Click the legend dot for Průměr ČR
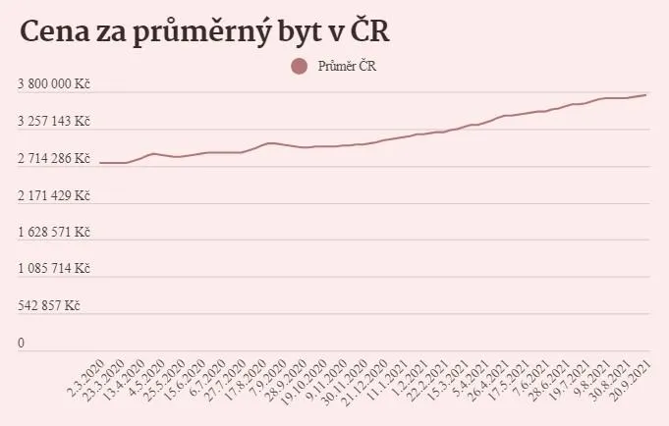300,67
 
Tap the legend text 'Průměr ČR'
348,67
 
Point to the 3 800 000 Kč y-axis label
54,85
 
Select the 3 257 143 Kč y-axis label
54,122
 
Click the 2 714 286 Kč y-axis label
54,159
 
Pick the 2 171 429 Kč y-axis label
54,196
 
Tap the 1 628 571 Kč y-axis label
54,233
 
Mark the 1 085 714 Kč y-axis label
54,269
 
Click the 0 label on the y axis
21,344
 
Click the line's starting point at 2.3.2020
100,163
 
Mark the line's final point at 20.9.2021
645,95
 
